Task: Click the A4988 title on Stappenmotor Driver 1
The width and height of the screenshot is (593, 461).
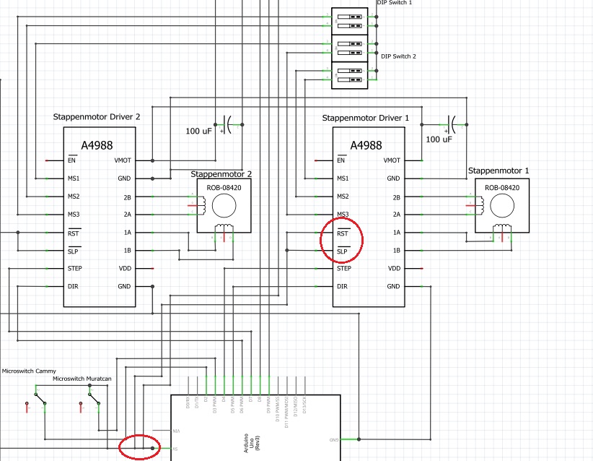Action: pyautogui.click(x=366, y=145)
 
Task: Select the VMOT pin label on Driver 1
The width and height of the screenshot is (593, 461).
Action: pyautogui.click(x=392, y=160)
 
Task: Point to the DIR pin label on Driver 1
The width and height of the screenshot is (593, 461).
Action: pyautogui.click(x=343, y=286)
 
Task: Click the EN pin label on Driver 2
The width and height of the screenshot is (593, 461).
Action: pyautogui.click(x=71, y=160)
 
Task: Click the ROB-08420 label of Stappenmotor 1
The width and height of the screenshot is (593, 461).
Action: pyautogui.click(x=501, y=188)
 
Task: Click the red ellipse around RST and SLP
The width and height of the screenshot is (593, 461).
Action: pyautogui.click(x=343, y=242)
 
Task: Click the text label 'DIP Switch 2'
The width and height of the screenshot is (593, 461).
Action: pyautogui.click(x=398, y=56)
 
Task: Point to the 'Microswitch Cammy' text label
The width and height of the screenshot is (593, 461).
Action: pyautogui.click(x=29, y=371)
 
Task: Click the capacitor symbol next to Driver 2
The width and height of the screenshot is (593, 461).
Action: pyautogui.click(x=230, y=124)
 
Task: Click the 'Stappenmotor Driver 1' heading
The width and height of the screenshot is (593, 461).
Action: pyautogui.click(x=366, y=117)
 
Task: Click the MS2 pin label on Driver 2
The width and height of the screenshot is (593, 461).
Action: pyautogui.click(x=74, y=197)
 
